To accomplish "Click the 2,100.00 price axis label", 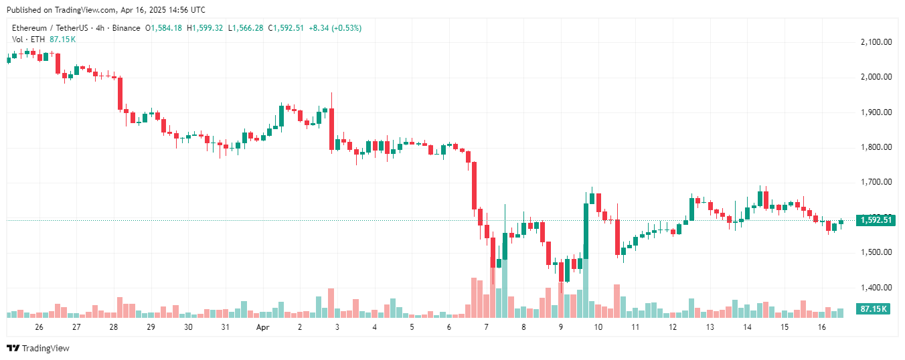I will click(x=876, y=42).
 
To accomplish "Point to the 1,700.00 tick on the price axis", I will click(x=876, y=182).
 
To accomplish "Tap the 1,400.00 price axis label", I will click(x=876, y=288).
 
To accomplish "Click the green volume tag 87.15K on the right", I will click(x=874, y=309).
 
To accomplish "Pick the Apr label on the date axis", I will click(x=262, y=327).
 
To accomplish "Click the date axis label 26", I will click(x=39, y=327).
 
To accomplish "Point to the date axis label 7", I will click(x=487, y=327).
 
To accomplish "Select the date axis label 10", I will click(x=598, y=327).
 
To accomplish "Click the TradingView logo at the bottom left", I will click(x=38, y=348).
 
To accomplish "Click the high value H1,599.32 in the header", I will click(x=205, y=28).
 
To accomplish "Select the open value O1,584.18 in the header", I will click(x=164, y=28).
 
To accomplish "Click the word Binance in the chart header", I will click(x=125, y=28).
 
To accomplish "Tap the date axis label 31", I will click(x=226, y=327).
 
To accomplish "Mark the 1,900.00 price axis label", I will click(x=876, y=112).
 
